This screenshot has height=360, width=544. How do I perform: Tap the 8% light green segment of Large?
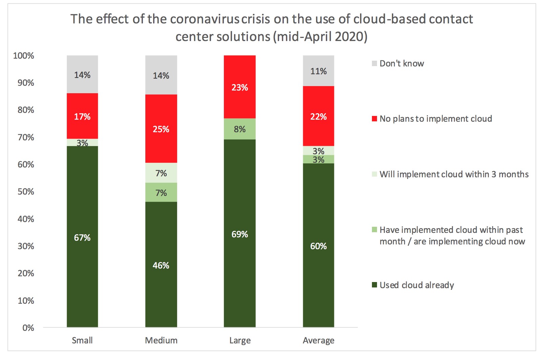239,129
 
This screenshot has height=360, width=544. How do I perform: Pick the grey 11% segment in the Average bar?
318,71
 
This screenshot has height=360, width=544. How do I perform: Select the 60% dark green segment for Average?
318,245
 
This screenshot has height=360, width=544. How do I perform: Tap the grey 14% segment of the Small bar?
82,75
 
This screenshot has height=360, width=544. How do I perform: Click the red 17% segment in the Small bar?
82,116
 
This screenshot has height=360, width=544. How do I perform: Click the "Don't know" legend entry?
401,64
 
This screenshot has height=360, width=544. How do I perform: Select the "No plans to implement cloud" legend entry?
435,119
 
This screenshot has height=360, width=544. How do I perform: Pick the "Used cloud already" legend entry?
416,285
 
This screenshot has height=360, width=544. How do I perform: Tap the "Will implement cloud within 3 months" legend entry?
454,174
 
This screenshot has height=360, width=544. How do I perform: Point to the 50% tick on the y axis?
26,192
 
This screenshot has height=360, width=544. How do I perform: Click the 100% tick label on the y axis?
23,56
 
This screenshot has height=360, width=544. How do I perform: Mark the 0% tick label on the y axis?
28,328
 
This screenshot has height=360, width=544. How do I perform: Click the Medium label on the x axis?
161,340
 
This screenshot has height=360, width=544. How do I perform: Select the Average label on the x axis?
318,340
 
